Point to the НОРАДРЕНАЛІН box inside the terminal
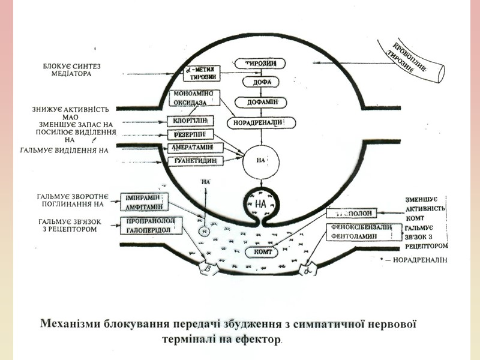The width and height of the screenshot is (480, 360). click(263, 122)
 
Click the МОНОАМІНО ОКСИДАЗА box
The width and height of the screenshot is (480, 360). click(195, 98)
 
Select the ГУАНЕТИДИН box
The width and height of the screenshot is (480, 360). click(196, 161)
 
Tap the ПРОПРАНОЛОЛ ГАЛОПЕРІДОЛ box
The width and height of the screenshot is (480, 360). click(147, 226)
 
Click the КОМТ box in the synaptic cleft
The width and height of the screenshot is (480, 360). click(265, 252)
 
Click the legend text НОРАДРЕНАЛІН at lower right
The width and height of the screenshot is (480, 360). click(420, 262)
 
